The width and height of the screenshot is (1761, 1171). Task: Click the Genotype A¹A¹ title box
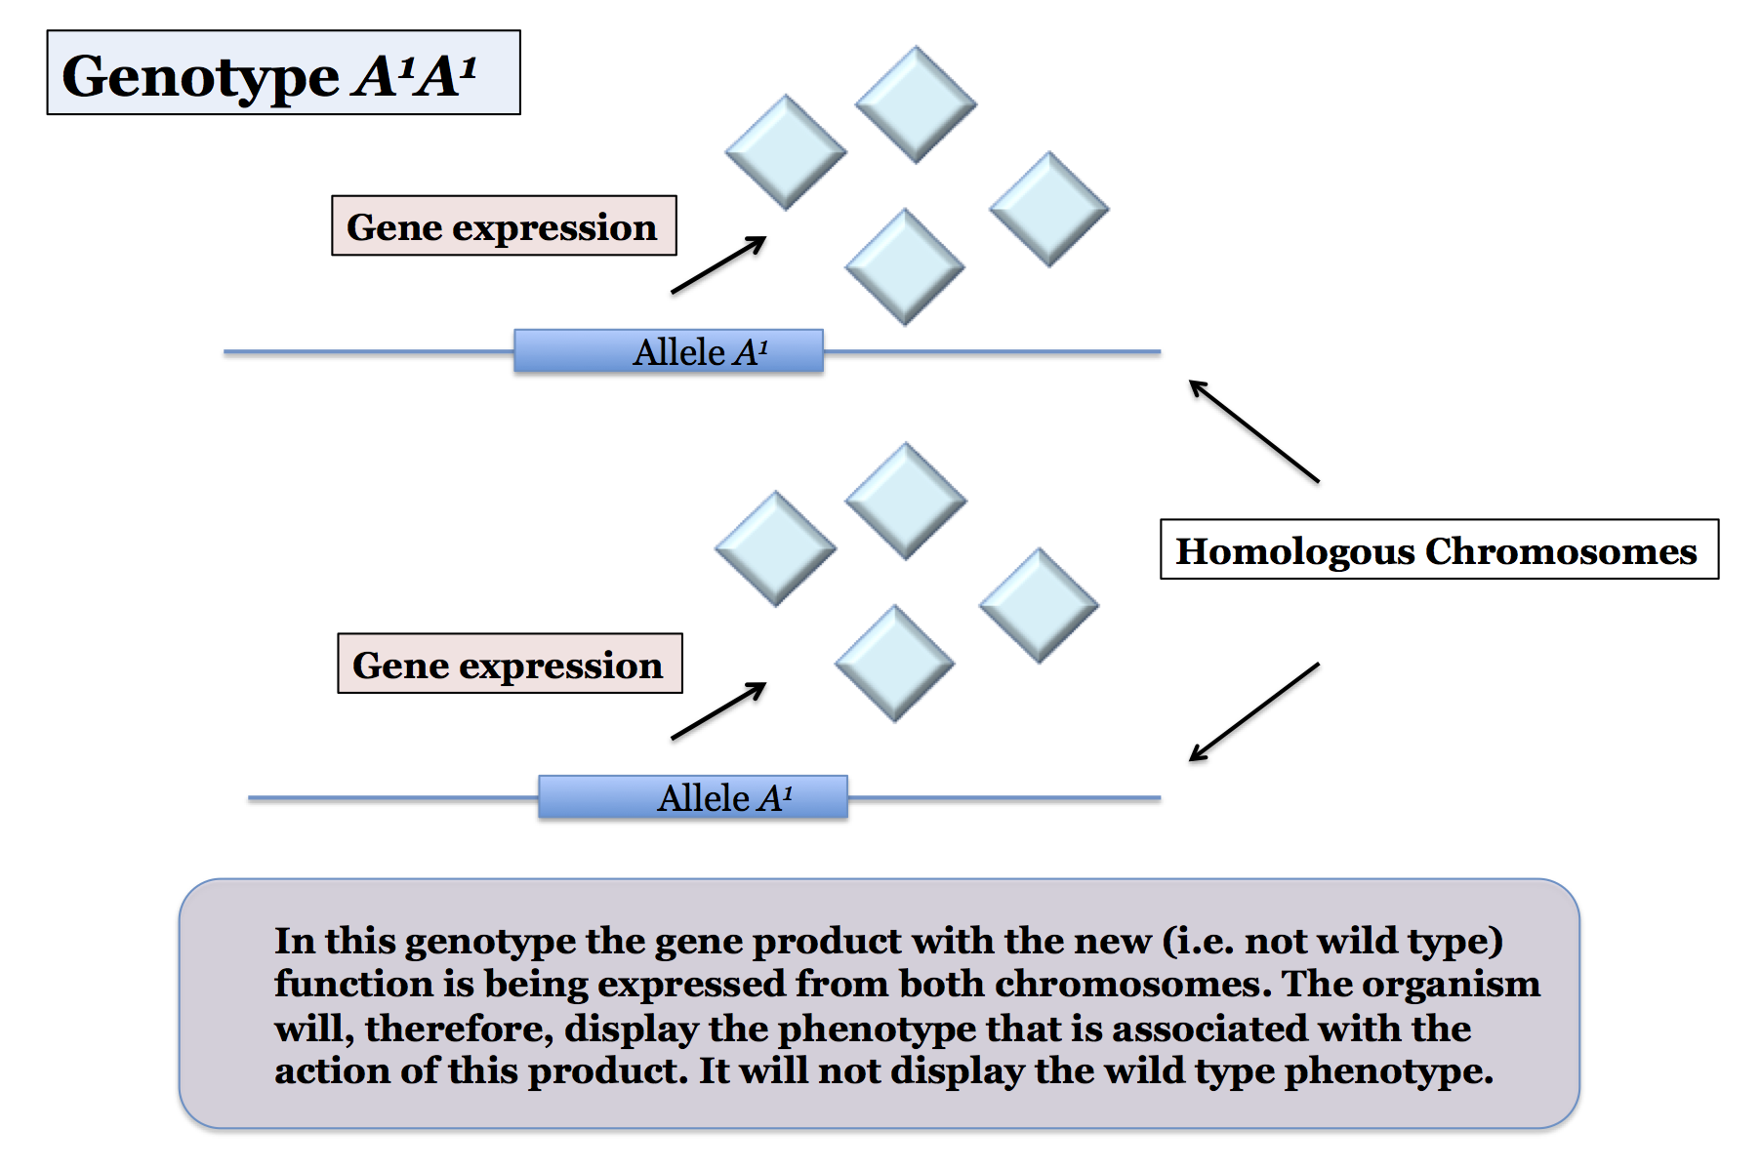pyautogui.click(x=283, y=73)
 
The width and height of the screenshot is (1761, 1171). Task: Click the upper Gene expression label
pyautogui.click(x=504, y=226)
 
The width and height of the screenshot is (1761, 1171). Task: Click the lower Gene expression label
pyautogui.click(x=510, y=664)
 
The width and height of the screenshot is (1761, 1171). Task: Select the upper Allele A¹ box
pyautogui.click(x=669, y=351)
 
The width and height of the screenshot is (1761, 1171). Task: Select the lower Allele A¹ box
pyautogui.click(x=693, y=797)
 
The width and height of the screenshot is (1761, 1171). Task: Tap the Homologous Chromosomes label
pyautogui.click(x=1439, y=549)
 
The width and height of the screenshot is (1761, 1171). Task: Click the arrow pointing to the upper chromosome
pyautogui.click(x=1254, y=430)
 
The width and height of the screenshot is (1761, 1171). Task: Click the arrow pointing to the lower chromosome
pyautogui.click(x=1254, y=711)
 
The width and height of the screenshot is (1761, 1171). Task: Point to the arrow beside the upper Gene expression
pyautogui.click(x=718, y=264)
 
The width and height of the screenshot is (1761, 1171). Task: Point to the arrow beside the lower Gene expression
pyautogui.click(x=718, y=710)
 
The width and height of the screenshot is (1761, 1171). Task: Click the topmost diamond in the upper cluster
pyautogui.click(x=916, y=104)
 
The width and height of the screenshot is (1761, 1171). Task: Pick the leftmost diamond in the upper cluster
pyautogui.click(x=786, y=152)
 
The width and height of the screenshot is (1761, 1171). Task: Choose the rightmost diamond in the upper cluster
pyautogui.click(x=1049, y=209)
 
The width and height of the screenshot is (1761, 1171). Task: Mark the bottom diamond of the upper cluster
pyautogui.click(x=905, y=266)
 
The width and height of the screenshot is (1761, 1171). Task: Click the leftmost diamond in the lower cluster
pyautogui.click(x=776, y=548)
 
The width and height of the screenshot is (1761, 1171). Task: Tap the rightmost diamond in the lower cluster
pyautogui.click(x=1040, y=605)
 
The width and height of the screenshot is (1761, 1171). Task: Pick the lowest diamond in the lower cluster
pyautogui.click(x=894, y=664)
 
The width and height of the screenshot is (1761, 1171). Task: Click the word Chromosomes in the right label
pyautogui.click(x=1561, y=551)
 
